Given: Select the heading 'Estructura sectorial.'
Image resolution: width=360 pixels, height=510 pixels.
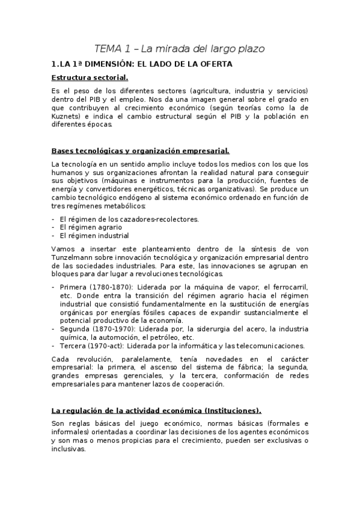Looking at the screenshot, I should click(x=90, y=78).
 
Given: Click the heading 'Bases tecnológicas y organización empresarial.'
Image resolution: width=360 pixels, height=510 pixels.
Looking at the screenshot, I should click(x=140, y=151).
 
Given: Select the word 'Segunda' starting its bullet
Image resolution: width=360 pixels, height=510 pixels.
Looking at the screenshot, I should click(x=76, y=328).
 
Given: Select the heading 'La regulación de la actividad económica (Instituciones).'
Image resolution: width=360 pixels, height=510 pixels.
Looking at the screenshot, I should click(x=156, y=411).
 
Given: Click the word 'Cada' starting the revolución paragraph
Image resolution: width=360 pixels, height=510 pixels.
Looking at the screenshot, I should click(x=61, y=359).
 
